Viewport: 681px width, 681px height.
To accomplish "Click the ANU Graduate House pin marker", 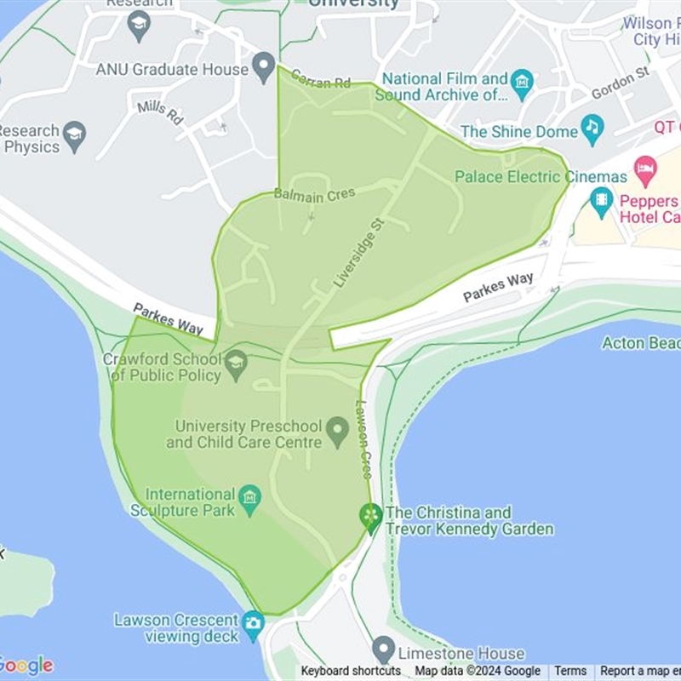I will pyautogui.click(x=264, y=66).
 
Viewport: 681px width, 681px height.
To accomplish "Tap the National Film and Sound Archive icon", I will pyautogui.click(x=522, y=83).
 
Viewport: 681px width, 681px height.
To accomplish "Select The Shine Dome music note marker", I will pyautogui.click(x=592, y=129).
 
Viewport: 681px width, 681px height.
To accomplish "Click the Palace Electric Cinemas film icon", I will pyautogui.click(x=602, y=201).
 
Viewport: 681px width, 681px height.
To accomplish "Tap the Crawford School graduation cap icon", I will pyautogui.click(x=236, y=363).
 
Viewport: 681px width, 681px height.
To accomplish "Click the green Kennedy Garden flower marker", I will pyautogui.click(x=370, y=516).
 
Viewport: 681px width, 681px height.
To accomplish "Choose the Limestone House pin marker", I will pyautogui.click(x=384, y=650).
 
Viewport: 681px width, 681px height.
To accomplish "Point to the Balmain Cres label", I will pyautogui.click(x=314, y=195).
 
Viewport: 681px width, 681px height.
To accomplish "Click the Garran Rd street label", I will pyautogui.click(x=320, y=79).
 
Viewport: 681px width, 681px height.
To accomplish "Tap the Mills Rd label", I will pyautogui.click(x=160, y=112).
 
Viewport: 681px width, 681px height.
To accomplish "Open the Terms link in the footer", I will pyautogui.click(x=570, y=671).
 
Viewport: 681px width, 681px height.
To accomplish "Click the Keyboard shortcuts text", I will pyautogui.click(x=351, y=671).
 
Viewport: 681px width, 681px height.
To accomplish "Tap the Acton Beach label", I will pyautogui.click(x=641, y=343).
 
